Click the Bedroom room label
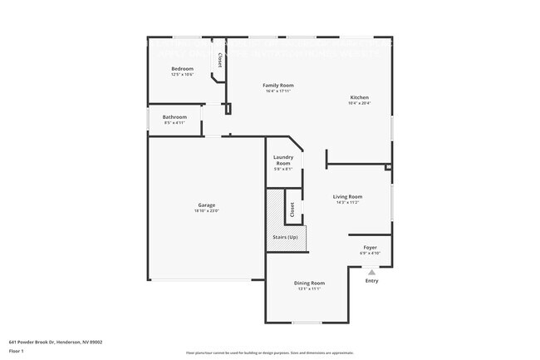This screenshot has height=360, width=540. (x=182, y=68)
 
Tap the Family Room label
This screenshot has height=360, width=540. (x=278, y=85)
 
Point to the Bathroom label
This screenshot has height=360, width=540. (x=174, y=117)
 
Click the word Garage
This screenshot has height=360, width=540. (x=206, y=205)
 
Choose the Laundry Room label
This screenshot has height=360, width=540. (x=283, y=160)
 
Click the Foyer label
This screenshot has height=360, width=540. (x=370, y=248)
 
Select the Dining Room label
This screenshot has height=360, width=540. (x=308, y=284)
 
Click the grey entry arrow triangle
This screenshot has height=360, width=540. (x=371, y=271)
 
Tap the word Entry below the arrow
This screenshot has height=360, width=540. (x=371, y=281)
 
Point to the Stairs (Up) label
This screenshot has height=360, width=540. (x=286, y=238)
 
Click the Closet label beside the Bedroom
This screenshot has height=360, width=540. (x=219, y=60)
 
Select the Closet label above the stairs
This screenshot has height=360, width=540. (x=292, y=210)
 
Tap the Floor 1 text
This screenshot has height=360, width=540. (x=17, y=351)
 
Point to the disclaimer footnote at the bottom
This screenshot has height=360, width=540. (x=270, y=353)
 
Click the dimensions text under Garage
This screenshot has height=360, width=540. (x=206, y=210)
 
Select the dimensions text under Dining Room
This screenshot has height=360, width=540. (x=308, y=289)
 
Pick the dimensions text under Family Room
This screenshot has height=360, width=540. (x=278, y=91)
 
